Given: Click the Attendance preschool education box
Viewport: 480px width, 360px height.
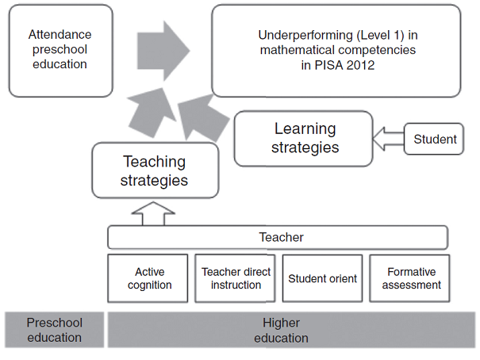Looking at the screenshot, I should pyautogui.click(x=60, y=50).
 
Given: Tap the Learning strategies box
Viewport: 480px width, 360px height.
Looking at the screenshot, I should pyautogui.click(x=303, y=138).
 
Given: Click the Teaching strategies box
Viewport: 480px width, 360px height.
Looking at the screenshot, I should pyautogui.click(x=154, y=170).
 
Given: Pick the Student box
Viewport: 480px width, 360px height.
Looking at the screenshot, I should pyautogui.click(x=435, y=140).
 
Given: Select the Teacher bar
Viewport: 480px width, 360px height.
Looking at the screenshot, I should pyautogui.click(x=278, y=237).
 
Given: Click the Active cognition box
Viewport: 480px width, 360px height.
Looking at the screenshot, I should pyautogui.click(x=148, y=278).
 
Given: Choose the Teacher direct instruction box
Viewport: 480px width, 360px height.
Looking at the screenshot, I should pyautogui.click(x=236, y=278).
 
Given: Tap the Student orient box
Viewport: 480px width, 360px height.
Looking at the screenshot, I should pyautogui.click(x=322, y=278).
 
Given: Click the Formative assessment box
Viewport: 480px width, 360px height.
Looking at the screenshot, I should pyautogui.click(x=410, y=278).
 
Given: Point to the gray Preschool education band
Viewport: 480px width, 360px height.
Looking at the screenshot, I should pyautogui.click(x=54, y=330).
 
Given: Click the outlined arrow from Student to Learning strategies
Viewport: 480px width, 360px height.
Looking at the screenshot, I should pyautogui.click(x=388, y=140).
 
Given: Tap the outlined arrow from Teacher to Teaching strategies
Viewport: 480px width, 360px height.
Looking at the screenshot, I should pyautogui.click(x=156, y=213).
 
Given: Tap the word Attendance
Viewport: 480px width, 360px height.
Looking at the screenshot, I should pyautogui.click(x=60, y=35).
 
